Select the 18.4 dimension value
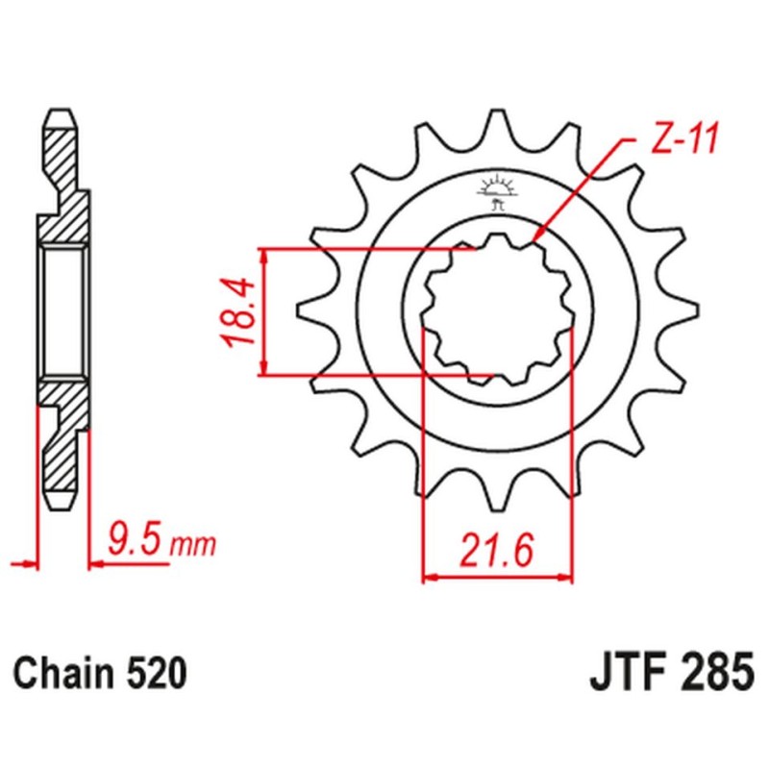tap(239, 312)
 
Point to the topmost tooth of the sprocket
tap(496, 120)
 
